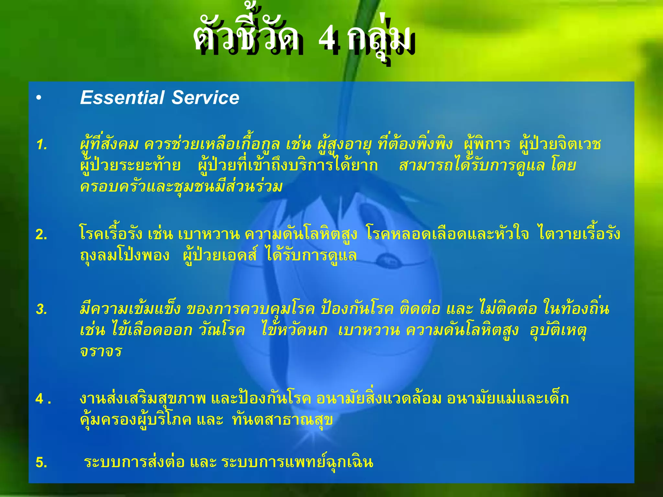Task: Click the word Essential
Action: (x=122, y=98)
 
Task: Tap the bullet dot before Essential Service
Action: (x=39, y=98)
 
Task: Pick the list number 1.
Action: (x=42, y=145)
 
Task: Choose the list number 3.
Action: (x=42, y=309)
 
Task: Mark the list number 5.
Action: (x=41, y=462)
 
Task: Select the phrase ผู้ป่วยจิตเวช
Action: (x=560, y=144)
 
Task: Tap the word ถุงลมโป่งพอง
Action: (x=125, y=256)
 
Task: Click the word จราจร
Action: (x=101, y=351)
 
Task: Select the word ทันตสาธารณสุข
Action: (x=282, y=420)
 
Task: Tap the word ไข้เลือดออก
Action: (x=152, y=330)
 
